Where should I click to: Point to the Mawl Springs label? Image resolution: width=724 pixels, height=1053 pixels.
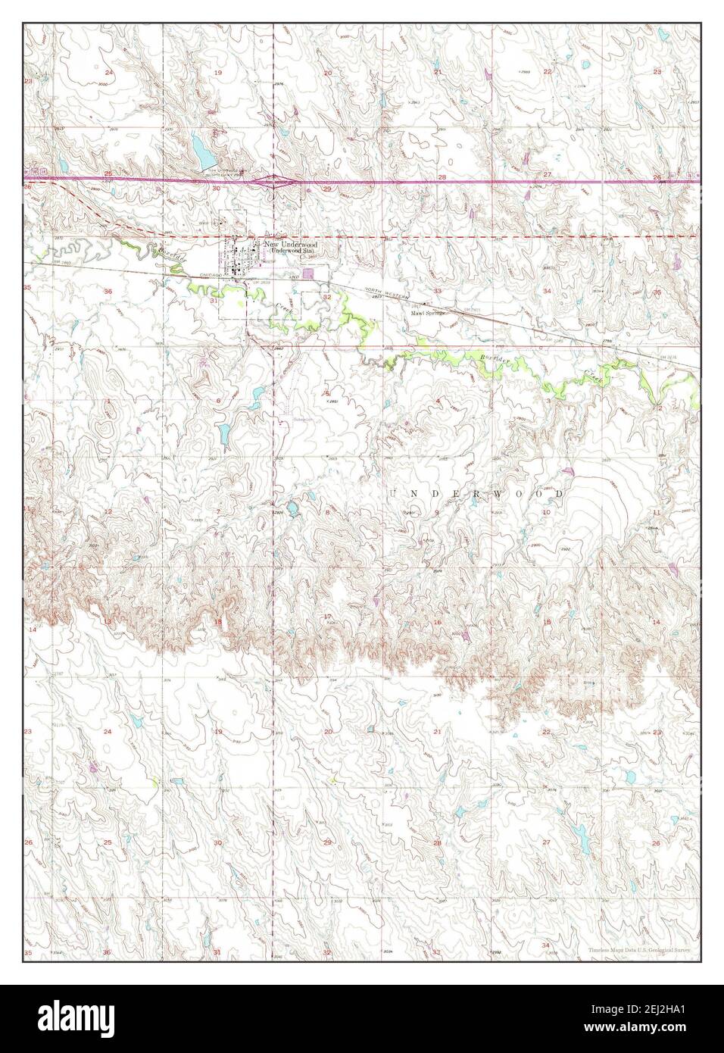(x=426, y=312)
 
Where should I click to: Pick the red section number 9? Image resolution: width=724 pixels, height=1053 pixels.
(x=437, y=513)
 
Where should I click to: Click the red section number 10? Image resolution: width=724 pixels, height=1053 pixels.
(x=545, y=513)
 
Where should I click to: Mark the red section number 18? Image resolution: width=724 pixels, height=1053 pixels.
(x=218, y=622)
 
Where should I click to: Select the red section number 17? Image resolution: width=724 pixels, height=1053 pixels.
(x=327, y=617)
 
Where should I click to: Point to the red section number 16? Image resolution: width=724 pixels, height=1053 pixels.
(x=437, y=622)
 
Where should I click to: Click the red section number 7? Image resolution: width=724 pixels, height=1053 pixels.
(x=218, y=512)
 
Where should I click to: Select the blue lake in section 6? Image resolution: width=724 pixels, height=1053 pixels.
(x=225, y=434)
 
